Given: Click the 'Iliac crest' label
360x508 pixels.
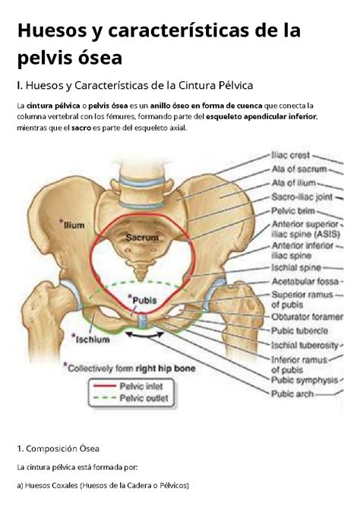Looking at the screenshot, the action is (x=291, y=156).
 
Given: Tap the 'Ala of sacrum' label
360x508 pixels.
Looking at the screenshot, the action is (x=299, y=169).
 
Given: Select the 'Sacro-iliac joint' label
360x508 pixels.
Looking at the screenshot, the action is (x=302, y=197).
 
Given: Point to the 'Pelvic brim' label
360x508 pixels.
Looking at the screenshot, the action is (x=293, y=211).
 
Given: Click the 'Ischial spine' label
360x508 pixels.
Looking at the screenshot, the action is (x=296, y=267).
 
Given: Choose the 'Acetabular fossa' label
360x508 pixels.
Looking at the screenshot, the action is (x=305, y=282).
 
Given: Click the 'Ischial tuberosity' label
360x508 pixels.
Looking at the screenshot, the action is (x=305, y=346).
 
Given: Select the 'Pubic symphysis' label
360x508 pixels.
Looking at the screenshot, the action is (x=305, y=380).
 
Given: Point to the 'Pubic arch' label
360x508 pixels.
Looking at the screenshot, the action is (x=292, y=394).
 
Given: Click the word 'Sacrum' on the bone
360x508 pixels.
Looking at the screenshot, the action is (x=142, y=238).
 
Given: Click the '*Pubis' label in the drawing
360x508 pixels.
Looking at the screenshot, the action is (x=143, y=300).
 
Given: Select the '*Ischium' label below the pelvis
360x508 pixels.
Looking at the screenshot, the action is (x=90, y=339).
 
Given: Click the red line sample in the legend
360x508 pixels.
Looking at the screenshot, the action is (x=105, y=386).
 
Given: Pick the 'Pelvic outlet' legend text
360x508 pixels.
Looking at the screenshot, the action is (x=144, y=398).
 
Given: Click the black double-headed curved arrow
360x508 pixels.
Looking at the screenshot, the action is (x=145, y=336).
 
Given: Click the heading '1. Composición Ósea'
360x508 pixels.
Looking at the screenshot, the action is (x=58, y=449).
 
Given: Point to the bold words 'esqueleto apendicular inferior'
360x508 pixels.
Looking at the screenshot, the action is (x=261, y=117).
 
